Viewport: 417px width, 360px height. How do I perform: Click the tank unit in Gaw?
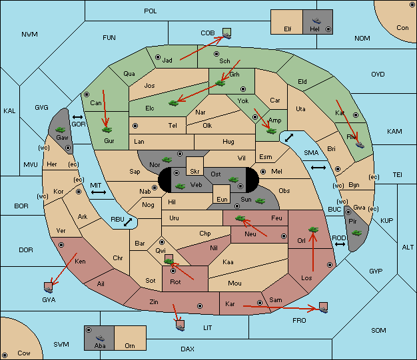[61, 130]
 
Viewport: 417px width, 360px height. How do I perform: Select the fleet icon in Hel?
[316, 21]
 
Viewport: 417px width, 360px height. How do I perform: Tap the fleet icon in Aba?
[100, 338]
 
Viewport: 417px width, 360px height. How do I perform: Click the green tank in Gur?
[107, 130]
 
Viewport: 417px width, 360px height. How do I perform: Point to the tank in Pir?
[356, 233]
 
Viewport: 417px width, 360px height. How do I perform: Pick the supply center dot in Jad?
[158, 57]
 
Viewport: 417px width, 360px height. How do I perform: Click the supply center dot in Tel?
[135, 125]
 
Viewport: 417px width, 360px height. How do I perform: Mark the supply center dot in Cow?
[5, 355]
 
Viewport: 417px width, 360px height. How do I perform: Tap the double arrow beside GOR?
[78, 117]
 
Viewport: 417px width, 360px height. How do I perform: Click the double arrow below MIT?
[99, 192]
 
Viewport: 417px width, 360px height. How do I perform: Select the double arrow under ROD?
[340, 244]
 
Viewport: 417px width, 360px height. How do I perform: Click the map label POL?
[151, 11]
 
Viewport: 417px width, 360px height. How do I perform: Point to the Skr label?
[195, 172]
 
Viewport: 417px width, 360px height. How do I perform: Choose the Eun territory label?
[222, 199]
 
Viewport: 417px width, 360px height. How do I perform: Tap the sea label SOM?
[378, 330]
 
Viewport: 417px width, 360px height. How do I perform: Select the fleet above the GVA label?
[49, 287]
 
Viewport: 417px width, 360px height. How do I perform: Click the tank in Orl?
[313, 230]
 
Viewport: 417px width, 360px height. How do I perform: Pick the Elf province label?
[288, 29]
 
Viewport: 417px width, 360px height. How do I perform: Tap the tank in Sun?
[260, 201]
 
